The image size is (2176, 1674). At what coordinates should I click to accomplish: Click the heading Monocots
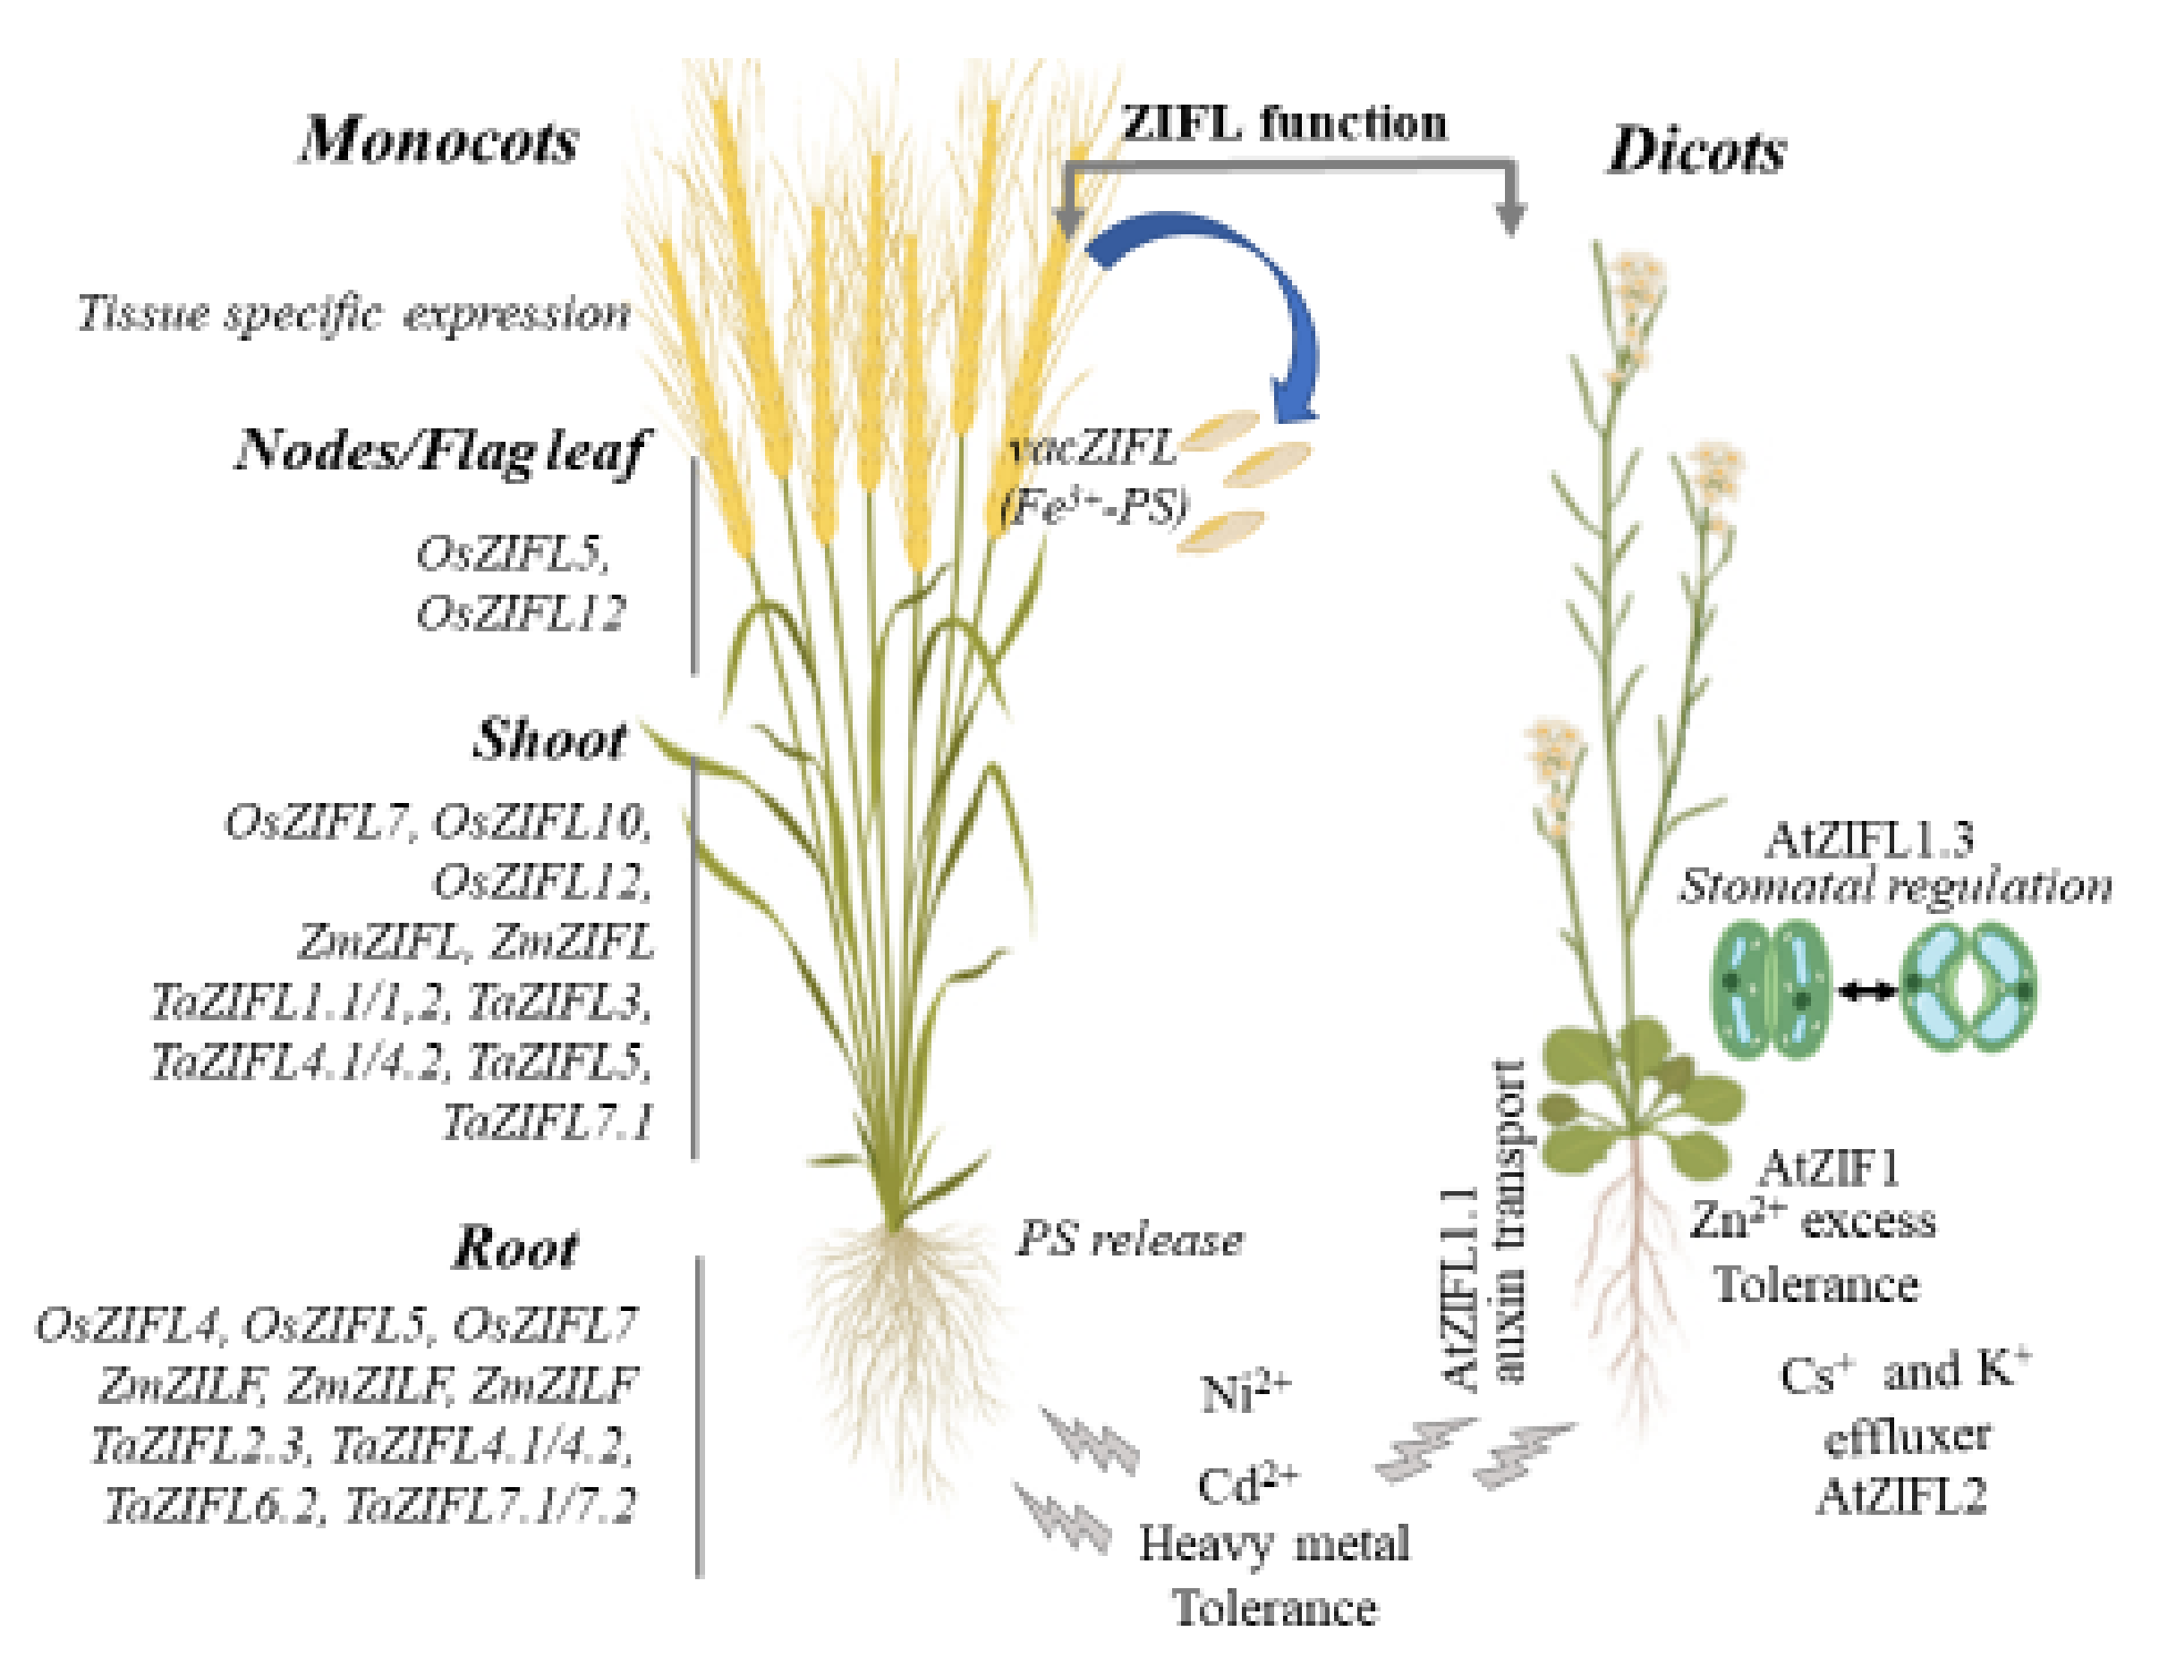pyautogui.click(x=439, y=140)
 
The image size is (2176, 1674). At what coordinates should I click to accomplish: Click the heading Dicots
pyautogui.click(x=1696, y=152)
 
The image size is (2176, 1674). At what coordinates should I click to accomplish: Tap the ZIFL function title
pyautogui.click(x=1284, y=123)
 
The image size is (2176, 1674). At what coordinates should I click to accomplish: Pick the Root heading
pyautogui.click(x=515, y=1247)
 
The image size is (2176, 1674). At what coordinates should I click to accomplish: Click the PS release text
pyautogui.click(x=1130, y=1239)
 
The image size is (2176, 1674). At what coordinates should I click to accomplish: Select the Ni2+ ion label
pyautogui.click(x=1245, y=1391)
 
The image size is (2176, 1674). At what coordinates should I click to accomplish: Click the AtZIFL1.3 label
pyautogui.click(x=1868, y=840)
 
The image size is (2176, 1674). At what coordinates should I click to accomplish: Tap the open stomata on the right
pyautogui.click(x=1968, y=989)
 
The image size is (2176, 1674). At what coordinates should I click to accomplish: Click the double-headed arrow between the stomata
pyautogui.click(x=1868, y=990)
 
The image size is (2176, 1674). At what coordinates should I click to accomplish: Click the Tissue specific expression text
pyautogui.click(x=354, y=314)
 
